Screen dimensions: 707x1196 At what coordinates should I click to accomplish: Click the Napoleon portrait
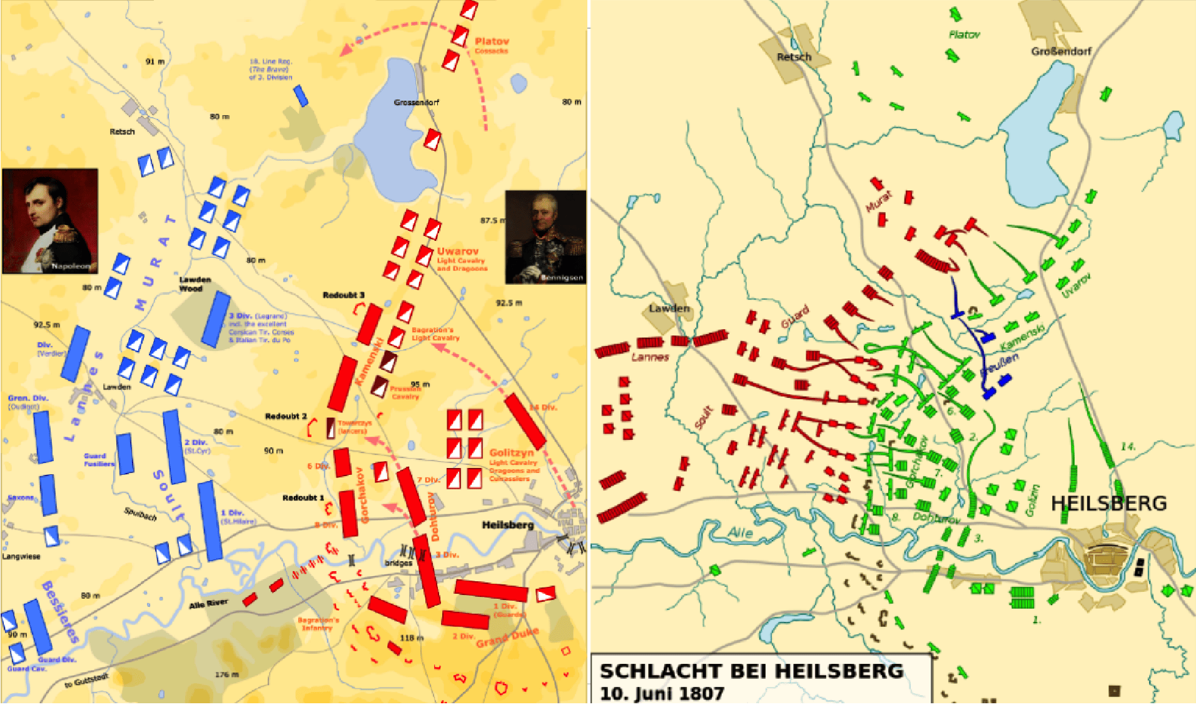(50, 221)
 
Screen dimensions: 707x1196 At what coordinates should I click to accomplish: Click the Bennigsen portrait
(545, 237)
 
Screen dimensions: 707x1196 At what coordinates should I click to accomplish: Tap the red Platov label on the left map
(492, 41)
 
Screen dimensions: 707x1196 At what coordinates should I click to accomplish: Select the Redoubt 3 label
(343, 295)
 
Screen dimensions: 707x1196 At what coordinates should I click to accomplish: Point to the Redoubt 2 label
(286, 416)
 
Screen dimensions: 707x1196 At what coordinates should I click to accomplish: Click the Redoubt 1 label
(303, 498)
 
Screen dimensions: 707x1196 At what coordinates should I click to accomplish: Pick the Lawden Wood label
(195, 284)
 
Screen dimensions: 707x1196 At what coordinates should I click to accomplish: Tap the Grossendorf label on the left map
(416, 102)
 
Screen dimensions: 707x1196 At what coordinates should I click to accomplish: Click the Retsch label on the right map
(794, 57)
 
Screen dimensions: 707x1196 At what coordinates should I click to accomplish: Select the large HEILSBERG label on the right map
(1108, 503)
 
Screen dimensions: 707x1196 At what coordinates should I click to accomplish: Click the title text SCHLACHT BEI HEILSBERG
(751, 671)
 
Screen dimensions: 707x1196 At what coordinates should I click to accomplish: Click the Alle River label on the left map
(208, 604)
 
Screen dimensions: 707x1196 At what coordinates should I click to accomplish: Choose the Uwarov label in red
(457, 251)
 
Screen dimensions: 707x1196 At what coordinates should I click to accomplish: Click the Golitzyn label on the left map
(511, 452)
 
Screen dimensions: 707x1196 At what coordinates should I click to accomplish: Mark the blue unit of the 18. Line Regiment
(301, 96)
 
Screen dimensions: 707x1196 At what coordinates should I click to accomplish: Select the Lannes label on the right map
(650, 357)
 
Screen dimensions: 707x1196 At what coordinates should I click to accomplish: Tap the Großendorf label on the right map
(1061, 51)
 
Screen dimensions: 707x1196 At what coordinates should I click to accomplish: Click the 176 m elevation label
(226, 674)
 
